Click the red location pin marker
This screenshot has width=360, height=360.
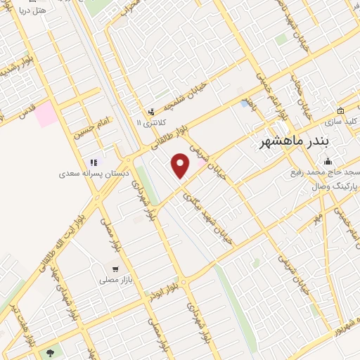(x=181, y=166)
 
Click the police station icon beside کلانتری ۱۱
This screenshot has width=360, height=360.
(x=150, y=112)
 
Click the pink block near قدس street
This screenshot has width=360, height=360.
(x=46, y=114)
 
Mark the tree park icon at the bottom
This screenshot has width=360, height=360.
(x=50, y=352)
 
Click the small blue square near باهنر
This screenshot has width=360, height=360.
(x=244, y=103)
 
